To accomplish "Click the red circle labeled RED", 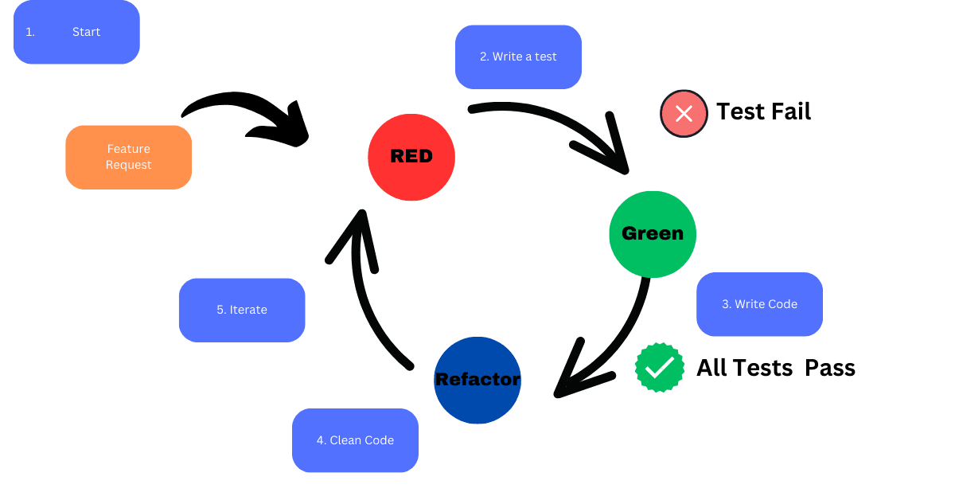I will click(411, 156).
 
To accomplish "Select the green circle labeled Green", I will click(652, 234).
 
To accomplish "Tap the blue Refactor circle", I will click(477, 380).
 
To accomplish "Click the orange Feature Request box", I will click(128, 157).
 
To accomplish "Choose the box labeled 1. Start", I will click(76, 32).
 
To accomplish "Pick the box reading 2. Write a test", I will click(518, 57).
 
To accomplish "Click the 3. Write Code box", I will click(759, 304).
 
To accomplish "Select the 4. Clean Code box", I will click(355, 440).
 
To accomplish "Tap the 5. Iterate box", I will click(242, 310).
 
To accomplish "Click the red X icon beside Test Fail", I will click(684, 113).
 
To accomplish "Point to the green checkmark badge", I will click(660, 367).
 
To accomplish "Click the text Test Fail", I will click(763, 111).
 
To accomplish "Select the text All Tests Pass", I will click(776, 367).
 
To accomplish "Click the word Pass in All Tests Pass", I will click(830, 367).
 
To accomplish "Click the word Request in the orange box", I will click(128, 165).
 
